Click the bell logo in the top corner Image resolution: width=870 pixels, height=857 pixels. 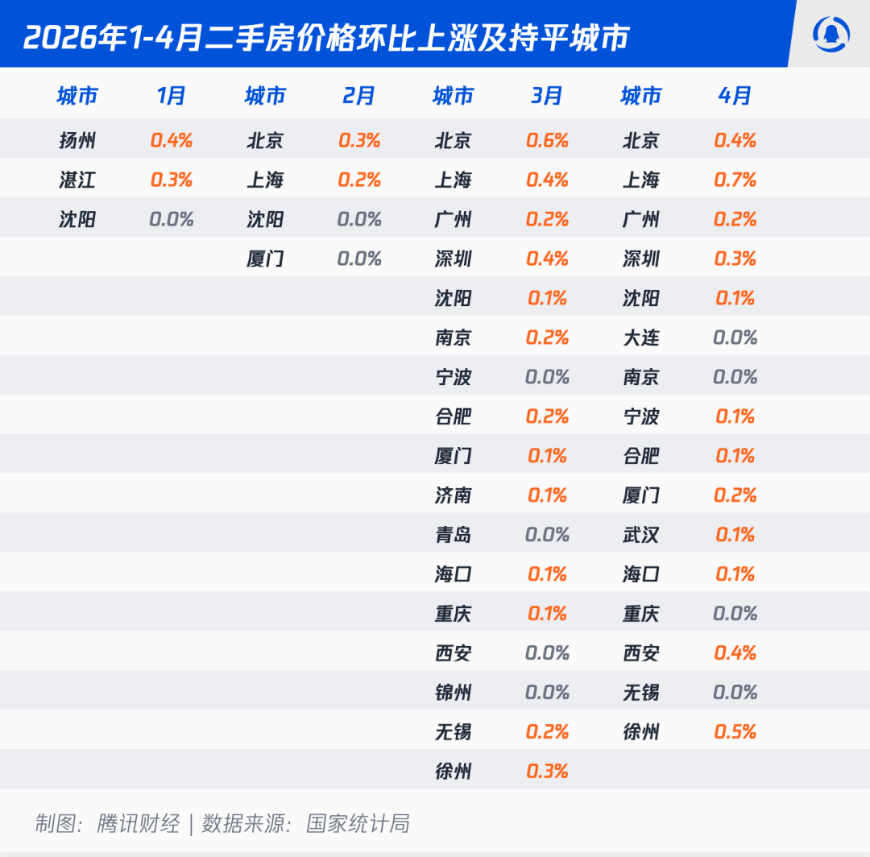831,35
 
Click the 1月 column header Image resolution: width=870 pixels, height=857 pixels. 171,96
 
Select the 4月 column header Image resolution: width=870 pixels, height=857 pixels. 735,96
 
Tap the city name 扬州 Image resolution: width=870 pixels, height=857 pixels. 77,140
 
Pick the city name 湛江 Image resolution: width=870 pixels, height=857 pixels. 77,180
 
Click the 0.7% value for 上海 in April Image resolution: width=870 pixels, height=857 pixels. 735,180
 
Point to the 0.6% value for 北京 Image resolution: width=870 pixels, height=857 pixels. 547,140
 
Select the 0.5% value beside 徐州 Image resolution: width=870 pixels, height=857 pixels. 735,731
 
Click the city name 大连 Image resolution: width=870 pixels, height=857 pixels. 641,337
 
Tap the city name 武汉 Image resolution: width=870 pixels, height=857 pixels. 641,535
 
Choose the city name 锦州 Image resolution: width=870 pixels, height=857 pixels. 453,692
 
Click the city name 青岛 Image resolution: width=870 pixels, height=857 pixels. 453,535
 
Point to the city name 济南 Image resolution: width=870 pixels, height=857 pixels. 453,495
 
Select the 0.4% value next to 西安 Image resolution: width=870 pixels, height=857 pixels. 735,653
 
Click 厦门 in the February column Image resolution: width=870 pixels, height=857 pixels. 265,259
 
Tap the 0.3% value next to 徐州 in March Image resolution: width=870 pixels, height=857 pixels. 547,771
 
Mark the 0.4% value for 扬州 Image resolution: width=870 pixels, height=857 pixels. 171,140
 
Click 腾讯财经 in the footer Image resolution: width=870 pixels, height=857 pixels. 139,824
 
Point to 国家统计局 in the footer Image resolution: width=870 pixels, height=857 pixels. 358,824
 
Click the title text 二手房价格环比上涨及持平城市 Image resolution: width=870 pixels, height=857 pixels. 416,38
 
